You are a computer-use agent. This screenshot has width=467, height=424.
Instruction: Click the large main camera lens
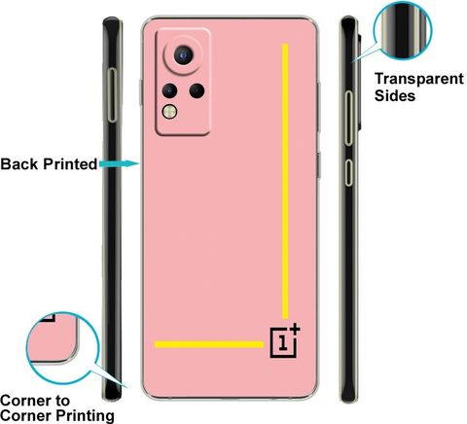coord(184,55)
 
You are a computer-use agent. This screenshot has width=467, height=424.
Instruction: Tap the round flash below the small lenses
coord(169,112)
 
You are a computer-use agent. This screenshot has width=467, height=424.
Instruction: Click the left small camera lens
coord(169,90)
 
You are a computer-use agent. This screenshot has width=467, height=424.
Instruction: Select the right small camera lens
coord(197,90)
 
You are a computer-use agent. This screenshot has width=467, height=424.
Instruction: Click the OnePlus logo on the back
coord(285,340)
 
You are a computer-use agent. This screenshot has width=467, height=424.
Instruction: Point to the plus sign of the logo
coord(295,329)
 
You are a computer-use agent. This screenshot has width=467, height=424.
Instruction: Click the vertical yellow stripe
coord(285,182)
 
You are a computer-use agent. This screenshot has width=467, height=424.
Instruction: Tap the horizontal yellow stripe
coord(209,344)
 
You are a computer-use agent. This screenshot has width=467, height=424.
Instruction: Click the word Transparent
coord(419,80)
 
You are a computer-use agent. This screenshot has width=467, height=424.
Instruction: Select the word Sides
coord(395,95)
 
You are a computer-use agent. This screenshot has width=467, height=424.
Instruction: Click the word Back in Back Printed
coord(19,164)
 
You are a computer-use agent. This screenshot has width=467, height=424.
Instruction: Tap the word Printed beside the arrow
coord(70,164)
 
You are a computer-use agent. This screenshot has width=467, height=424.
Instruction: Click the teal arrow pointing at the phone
coord(120,164)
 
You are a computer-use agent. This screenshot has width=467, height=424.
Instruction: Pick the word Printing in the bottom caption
coord(86,416)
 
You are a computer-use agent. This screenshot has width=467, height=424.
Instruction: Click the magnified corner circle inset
coord(62,348)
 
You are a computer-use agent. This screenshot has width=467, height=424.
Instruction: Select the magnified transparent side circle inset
coord(403,30)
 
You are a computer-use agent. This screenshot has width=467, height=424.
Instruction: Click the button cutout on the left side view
coord(112,95)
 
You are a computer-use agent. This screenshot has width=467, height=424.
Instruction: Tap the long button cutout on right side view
coord(348,118)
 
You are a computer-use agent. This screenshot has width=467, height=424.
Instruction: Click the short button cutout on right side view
coord(348,172)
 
